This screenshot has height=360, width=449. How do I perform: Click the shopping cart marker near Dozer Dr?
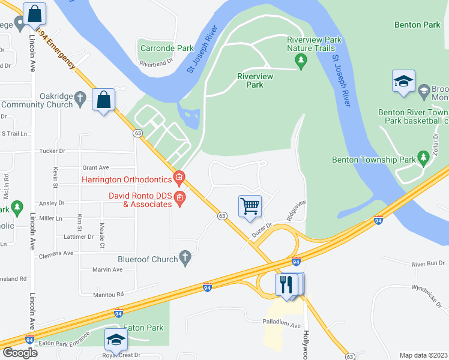(x=250, y=206)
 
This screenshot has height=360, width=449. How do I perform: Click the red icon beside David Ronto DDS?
(x=179, y=197)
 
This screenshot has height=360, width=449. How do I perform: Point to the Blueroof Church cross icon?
(x=185, y=259)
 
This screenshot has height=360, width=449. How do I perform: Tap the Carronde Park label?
(x=167, y=48)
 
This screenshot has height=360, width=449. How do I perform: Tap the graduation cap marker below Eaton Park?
(x=116, y=340)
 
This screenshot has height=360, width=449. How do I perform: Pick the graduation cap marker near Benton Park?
(x=403, y=82)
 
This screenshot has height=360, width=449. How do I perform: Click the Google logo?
(x=19, y=353)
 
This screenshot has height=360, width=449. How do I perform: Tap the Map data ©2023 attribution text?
(x=423, y=355)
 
